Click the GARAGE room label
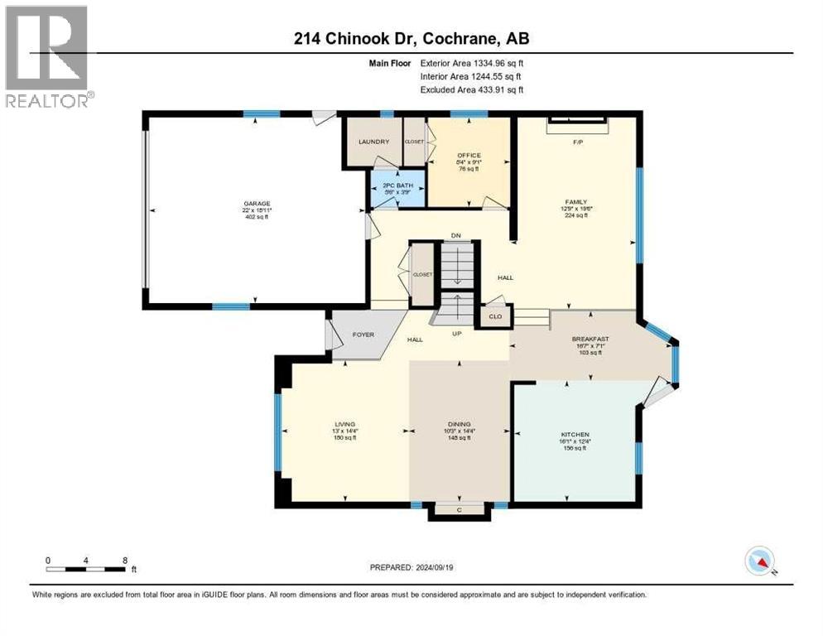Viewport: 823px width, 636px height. click(257, 204)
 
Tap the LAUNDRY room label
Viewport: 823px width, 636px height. click(373, 142)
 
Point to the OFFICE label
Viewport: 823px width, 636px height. click(469, 155)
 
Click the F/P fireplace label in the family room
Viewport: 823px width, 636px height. click(578, 142)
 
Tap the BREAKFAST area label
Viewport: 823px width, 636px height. click(590, 339)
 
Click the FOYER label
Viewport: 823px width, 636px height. click(363, 335)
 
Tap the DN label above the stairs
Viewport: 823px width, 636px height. click(455, 234)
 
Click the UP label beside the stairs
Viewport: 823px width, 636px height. click(455, 335)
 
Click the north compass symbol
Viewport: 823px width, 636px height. click(759, 561)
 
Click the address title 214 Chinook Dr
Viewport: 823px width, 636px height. click(411, 37)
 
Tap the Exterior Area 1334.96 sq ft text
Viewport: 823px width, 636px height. click(472, 63)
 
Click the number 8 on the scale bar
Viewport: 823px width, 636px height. click(125, 560)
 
